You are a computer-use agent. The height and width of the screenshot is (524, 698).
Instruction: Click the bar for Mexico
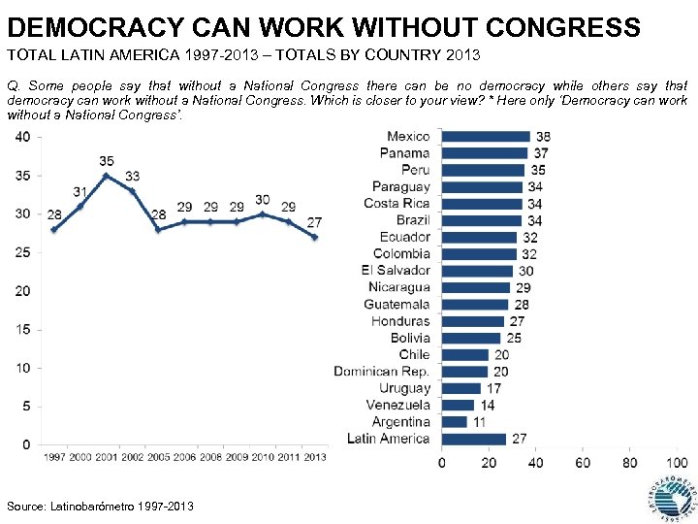pos(485,136)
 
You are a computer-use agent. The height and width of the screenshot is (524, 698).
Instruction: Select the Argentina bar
pos(454,422)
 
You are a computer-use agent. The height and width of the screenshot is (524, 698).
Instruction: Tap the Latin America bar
pos(473,439)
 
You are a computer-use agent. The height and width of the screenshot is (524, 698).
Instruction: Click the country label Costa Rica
pos(397,203)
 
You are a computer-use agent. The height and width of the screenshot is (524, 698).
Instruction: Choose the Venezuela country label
pos(398,405)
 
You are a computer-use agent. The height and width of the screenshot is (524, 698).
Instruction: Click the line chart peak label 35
pos(107,161)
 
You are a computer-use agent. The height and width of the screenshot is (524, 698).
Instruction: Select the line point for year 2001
pos(107,176)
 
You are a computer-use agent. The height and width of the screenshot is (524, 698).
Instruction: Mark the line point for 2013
pos(314,237)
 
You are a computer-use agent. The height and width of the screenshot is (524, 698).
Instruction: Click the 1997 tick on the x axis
pos(54,457)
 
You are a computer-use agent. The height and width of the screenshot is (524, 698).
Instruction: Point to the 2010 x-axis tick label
pos(262,457)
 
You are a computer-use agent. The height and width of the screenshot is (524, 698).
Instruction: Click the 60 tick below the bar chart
pos(583,463)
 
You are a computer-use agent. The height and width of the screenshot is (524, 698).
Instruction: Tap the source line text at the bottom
pos(100,507)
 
